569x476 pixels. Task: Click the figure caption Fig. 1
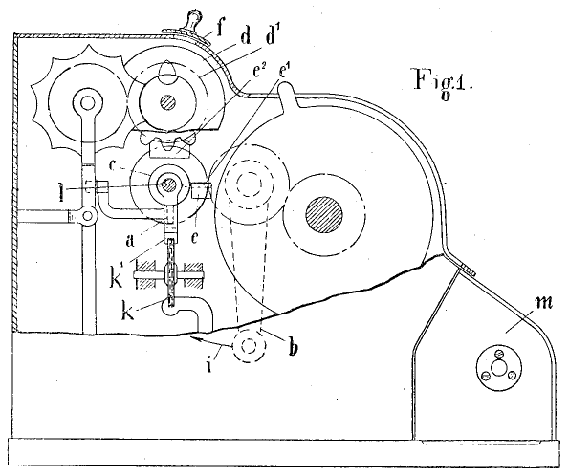444,83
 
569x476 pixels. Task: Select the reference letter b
293,348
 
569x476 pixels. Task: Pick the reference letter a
130,241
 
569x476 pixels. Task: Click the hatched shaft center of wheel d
168,101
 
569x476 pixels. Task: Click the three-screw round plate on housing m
498,368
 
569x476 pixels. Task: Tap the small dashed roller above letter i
249,346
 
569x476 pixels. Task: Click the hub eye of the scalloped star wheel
86,103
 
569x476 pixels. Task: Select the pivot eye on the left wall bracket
87,216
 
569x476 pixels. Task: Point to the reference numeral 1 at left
62,191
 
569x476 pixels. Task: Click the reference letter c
112,166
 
